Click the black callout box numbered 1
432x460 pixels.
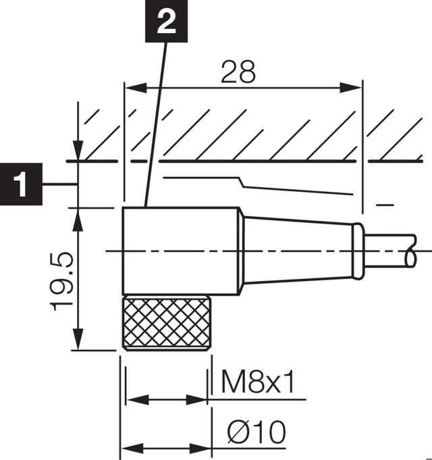point(21,183)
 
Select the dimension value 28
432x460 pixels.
point(239,72)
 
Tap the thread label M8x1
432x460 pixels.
point(258,384)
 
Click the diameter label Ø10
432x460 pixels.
point(256,431)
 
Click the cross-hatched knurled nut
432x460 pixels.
point(165,323)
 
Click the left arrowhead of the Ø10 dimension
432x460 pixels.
point(131,448)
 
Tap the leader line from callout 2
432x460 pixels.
point(154,122)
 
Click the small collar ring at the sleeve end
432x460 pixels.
point(358,251)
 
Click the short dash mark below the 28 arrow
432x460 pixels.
point(385,204)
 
